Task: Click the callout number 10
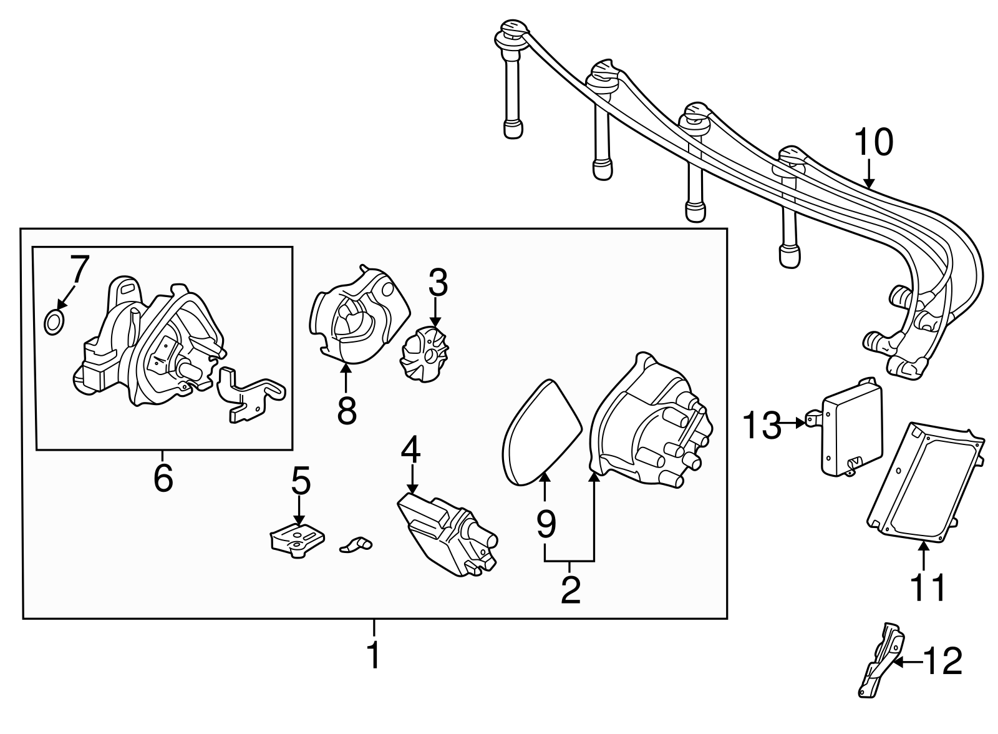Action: click(x=873, y=143)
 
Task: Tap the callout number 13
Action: click(x=761, y=426)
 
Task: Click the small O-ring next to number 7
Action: click(x=54, y=322)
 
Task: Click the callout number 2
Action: click(x=570, y=590)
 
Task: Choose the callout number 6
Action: click(x=163, y=478)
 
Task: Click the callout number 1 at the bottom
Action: click(x=373, y=655)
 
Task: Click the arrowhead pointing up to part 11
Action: click(x=924, y=546)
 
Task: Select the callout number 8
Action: click(x=346, y=410)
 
